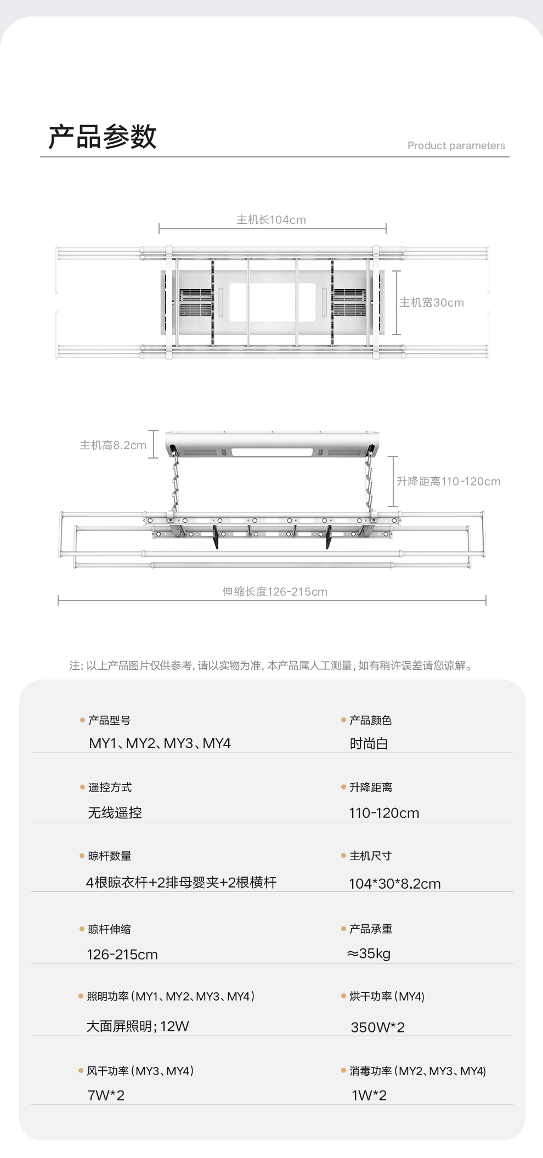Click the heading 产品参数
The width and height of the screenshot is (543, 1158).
[103, 137]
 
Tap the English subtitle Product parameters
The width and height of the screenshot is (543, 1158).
[456, 145]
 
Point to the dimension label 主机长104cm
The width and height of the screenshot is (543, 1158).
[271, 220]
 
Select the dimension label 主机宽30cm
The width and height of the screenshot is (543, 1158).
[431, 303]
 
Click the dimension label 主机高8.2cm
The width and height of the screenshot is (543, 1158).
[113, 445]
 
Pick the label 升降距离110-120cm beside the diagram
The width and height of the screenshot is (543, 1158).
[448, 482]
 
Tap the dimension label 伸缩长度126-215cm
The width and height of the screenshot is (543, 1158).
[274, 592]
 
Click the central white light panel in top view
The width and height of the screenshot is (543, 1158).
[272, 302]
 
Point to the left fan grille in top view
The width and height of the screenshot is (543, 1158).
[196, 302]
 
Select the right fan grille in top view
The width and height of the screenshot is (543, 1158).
[349, 302]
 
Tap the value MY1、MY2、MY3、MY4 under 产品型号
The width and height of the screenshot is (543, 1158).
[160, 744]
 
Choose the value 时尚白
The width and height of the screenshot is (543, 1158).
[369, 744]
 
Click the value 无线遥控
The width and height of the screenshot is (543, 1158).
[115, 813]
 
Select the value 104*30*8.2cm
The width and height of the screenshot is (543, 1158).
[394, 884]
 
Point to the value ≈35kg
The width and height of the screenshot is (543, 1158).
[369, 954]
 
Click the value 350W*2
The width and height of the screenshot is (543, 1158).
[377, 1027]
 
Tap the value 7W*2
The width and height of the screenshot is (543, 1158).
[106, 1095]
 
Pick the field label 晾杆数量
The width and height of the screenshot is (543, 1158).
[110, 856]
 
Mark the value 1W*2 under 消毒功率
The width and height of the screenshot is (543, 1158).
[369, 1095]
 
